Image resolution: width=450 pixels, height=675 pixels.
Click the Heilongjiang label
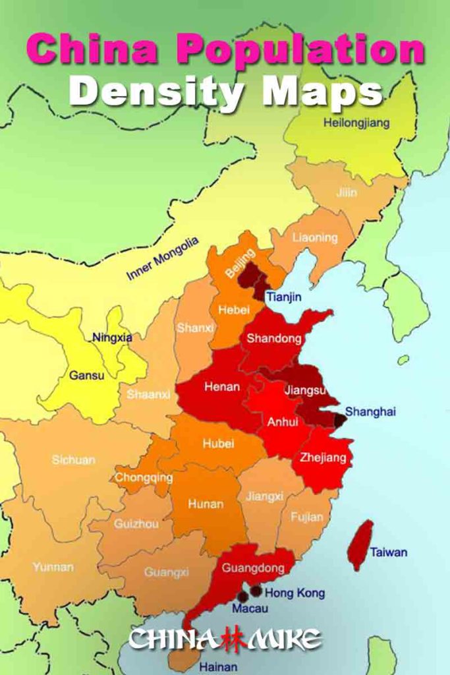click(x=356, y=123)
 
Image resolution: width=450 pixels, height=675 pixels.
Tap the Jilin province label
click(x=347, y=192)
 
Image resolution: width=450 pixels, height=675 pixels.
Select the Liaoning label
click(x=314, y=237)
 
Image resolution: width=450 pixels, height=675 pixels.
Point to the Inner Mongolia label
click(x=163, y=259)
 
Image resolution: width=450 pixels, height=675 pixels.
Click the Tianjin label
click(x=284, y=297)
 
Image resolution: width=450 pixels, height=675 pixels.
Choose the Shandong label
click(x=273, y=339)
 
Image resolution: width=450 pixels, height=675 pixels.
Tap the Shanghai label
click(x=370, y=412)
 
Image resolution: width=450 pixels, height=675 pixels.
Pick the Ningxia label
click(x=112, y=337)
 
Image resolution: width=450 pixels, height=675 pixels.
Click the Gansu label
click(x=86, y=375)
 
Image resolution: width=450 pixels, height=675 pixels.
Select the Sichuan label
click(x=73, y=459)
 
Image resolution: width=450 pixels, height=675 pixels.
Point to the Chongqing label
click(x=144, y=477)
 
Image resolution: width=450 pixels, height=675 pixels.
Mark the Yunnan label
click(x=53, y=567)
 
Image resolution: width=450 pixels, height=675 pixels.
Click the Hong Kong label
click(x=295, y=593)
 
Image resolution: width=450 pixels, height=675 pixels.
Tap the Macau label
click(x=250, y=609)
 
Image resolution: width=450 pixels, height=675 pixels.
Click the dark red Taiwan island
click(x=360, y=544)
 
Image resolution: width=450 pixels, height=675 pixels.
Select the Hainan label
click(x=218, y=667)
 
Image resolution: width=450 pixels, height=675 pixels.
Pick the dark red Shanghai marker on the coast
click(x=340, y=420)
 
